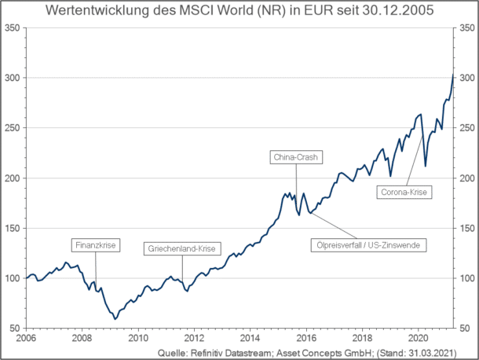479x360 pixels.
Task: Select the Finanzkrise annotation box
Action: pos(95,245)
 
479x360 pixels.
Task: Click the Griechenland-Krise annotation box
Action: pos(182,249)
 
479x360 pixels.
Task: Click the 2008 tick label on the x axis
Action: pos(82,336)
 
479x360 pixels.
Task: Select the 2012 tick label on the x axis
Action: pos(193,336)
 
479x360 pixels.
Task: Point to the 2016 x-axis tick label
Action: pos(305,336)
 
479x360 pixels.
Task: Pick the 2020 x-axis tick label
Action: pos(417,336)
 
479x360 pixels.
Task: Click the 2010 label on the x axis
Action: pos(137,336)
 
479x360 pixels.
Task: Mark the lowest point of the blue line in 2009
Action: pos(115,318)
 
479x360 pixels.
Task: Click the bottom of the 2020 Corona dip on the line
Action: pos(426,166)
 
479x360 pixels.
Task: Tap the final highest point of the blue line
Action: pos(453,75)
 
